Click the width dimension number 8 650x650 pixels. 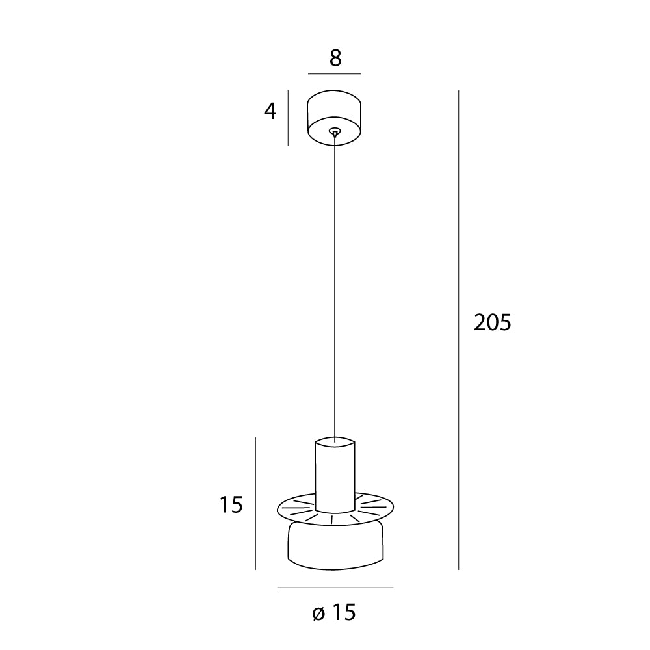coord(335,58)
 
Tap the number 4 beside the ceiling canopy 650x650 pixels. coord(270,112)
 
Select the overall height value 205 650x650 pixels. coord(493,322)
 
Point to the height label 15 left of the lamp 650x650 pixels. coord(231,504)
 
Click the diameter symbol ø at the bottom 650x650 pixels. coord(318,612)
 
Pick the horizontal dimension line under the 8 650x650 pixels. coord(334,74)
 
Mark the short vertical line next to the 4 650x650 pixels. coord(288,121)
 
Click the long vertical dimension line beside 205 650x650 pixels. coord(459,325)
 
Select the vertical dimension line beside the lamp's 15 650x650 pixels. coord(255,504)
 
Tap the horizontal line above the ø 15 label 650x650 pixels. coord(335,588)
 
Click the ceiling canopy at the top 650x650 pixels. coord(334,110)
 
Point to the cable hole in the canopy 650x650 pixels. coord(334,131)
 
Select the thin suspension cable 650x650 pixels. coord(335,286)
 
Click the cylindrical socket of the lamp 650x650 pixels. coord(335,474)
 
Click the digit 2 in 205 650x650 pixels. coord(480,322)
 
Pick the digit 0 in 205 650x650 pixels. coord(493,322)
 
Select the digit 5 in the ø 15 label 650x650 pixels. coord(350,612)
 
